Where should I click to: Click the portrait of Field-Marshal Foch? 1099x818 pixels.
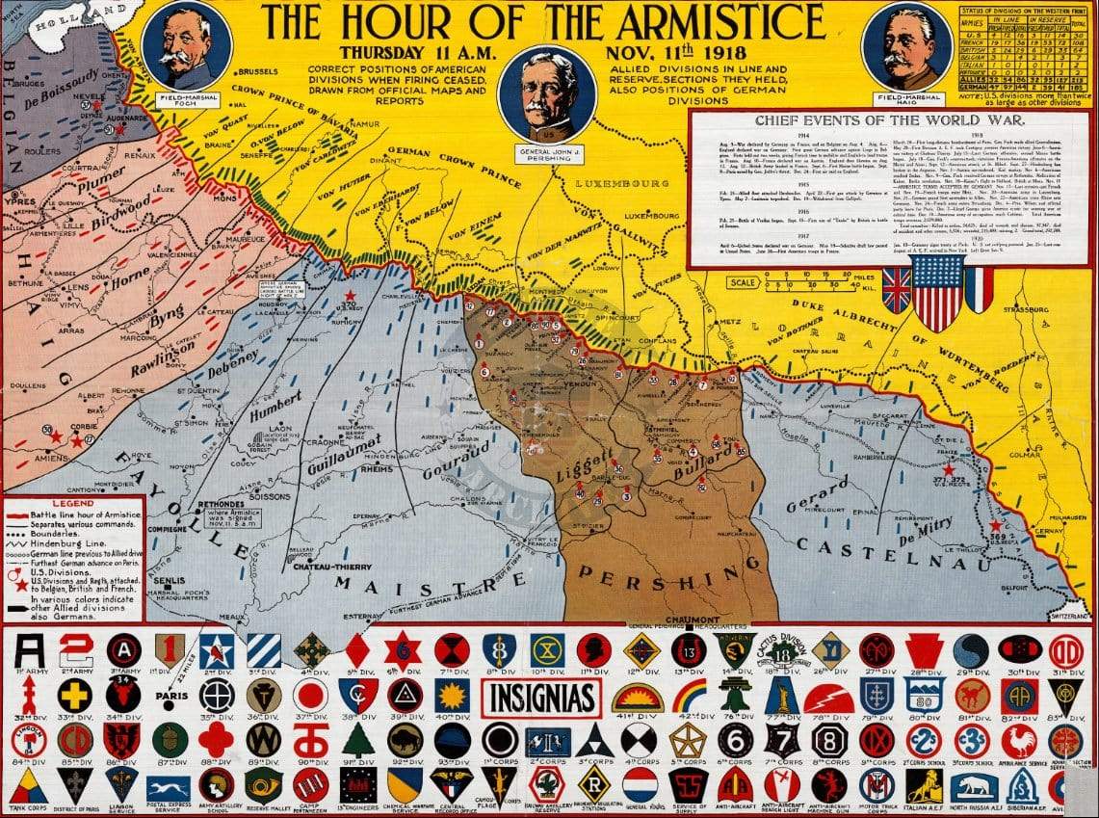pos(186,46)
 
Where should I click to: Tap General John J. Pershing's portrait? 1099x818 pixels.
pos(549,93)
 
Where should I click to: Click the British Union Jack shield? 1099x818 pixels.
pos(896,290)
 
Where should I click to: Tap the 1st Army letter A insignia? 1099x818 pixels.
pos(29,650)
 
